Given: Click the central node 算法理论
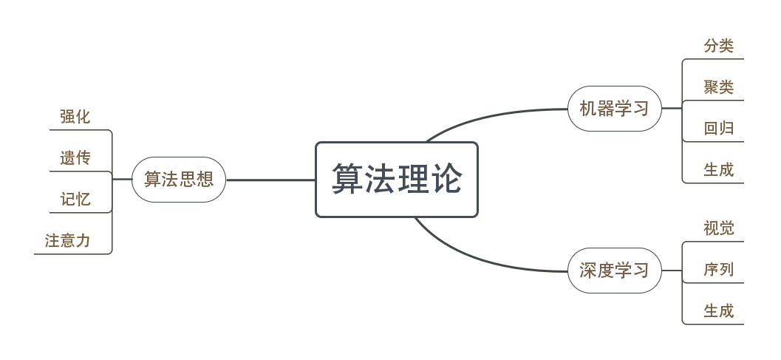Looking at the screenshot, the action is coord(397,179).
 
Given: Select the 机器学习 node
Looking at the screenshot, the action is coord(613,109).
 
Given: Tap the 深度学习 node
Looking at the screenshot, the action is coord(613,270).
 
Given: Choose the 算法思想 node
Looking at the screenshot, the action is coord(178,179).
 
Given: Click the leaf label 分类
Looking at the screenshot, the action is coord(718,46).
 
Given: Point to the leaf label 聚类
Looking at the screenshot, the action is coord(718,87).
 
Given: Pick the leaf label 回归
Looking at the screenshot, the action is coord(718,129).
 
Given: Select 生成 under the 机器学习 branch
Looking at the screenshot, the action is coord(718,170).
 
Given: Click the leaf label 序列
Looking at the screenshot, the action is coord(718,270).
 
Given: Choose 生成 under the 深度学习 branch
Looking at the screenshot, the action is coord(718,310).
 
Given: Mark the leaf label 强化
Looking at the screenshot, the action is coord(75,117).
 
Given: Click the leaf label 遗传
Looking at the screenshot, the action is coord(75,157).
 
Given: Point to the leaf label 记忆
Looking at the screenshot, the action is coord(75,199).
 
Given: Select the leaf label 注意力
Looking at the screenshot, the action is coord(67,240).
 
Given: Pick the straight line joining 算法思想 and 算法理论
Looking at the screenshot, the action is coord(270,180).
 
